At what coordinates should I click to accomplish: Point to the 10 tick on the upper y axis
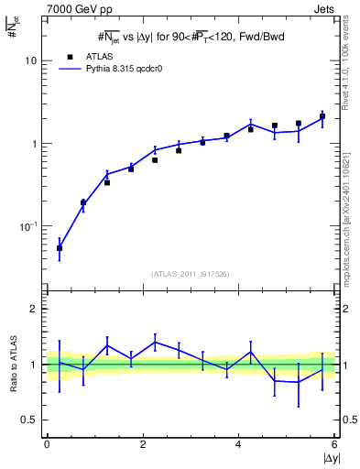(x=30, y=60)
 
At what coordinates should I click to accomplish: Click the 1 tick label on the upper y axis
(x=34, y=144)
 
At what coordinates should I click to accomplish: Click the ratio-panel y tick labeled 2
(x=34, y=310)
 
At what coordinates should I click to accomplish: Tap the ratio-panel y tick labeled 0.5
(x=30, y=420)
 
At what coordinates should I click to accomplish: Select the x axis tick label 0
(x=47, y=444)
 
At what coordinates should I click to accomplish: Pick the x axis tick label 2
(x=143, y=444)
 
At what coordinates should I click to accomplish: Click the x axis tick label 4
(x=238, y=444)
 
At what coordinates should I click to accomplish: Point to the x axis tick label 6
(x=333, y=444)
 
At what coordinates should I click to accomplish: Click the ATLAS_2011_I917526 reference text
(x=190, y=274)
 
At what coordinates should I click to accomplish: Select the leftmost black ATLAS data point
(x=60, y=248)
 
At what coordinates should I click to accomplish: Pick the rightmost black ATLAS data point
(x=322, y=116)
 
